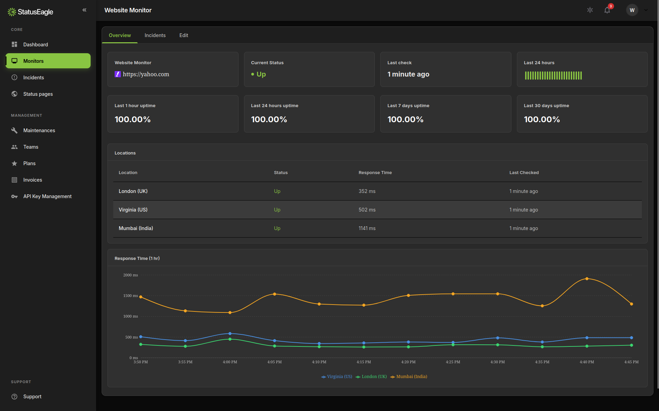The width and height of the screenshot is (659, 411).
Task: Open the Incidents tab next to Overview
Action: click(x=155, y=35)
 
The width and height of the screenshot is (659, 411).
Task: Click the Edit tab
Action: click(x=184, y=35)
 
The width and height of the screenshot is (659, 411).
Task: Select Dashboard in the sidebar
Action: click(x=35, y=45)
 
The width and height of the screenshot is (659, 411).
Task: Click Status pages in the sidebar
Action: click(x=38, y=94)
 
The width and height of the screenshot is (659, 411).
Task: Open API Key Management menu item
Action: click(x=47, y=196)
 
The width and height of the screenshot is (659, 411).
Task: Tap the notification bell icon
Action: click(x=607, y=10)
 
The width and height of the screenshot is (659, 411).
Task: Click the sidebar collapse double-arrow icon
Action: click(x=84, y=10)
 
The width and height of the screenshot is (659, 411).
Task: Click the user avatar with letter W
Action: click(x=632, y=10)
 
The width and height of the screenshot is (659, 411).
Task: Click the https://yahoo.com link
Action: click(x=146, y=74)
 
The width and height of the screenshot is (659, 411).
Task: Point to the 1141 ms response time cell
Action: click(x=367, y=228)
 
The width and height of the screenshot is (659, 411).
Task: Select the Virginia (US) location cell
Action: click(x=133, y=210)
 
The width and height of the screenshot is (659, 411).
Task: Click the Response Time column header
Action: click(x=375, y=173)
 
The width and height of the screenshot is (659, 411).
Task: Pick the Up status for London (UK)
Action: click(x=277, y=191)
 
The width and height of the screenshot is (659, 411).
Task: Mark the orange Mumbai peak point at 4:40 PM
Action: click(x=587, y=279)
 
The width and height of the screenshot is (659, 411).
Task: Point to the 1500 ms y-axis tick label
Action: click(x=130, y=296)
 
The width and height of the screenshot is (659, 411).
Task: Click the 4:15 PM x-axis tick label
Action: click(x=363, y=362)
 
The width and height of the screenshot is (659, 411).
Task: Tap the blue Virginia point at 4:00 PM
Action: click(x=230, y=333)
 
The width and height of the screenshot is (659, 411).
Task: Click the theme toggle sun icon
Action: click(x=590, y=10)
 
